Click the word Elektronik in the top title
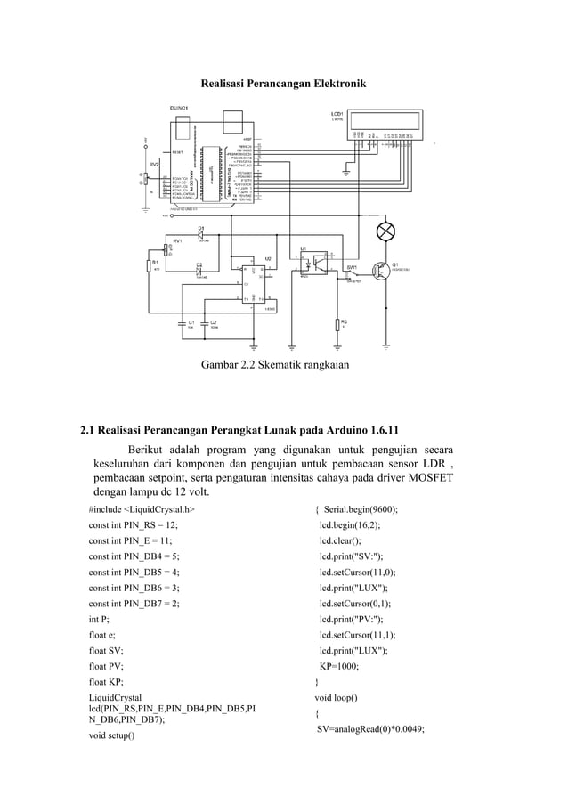point(335,83)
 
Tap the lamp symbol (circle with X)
point(385,231)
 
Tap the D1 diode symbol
point(201,235)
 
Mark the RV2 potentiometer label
point(154,165)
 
